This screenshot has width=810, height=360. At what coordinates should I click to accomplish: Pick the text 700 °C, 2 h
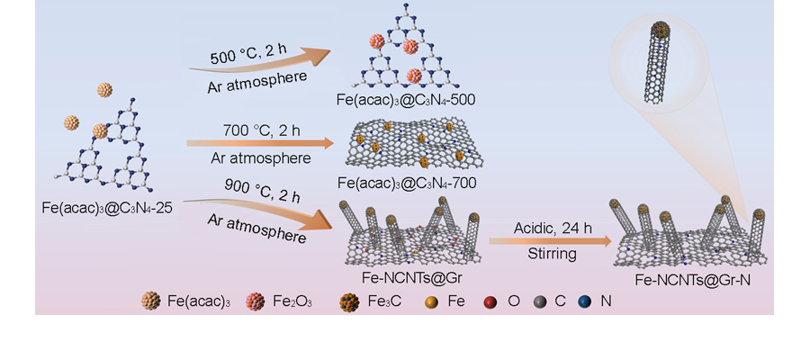pos(261,130)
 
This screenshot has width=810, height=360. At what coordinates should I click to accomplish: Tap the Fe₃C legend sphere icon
pos(350,302)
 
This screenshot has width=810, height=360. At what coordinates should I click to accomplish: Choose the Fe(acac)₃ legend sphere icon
pos(150,302)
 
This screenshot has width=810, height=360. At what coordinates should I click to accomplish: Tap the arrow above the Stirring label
pos(549,241)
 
